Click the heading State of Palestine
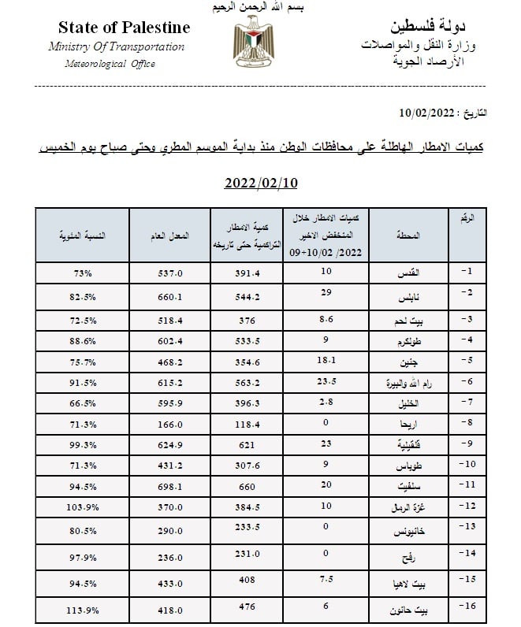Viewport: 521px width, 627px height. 124,28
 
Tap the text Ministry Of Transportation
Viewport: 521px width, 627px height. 116,46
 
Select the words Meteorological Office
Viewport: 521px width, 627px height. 110,64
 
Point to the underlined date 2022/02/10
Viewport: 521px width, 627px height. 261,184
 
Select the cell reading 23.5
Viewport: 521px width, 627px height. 326,380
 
